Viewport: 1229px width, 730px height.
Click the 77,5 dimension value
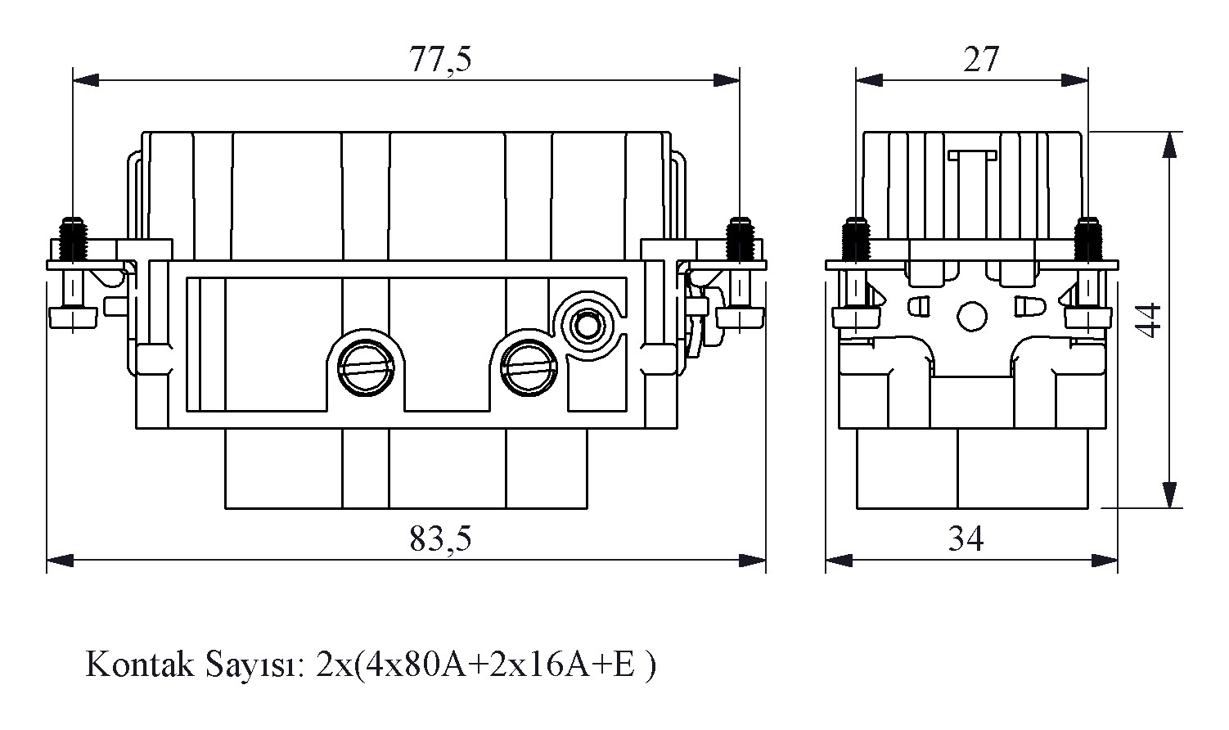pyautogui.click(x=440, y=61)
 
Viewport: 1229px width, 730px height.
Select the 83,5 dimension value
pyautogui.click(x=440, y=538)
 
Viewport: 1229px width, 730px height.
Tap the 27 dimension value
pyautogui.click(x=980, y=61)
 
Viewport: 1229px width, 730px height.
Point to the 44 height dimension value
pyautogui.click(x=1150, y=321)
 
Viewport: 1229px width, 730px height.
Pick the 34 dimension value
pyautogui.click(x=966, y=538)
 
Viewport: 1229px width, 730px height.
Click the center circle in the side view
pyautogui.click(x=971, y=316)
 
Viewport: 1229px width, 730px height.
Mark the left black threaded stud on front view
pyautogui.click(x=74, y=238)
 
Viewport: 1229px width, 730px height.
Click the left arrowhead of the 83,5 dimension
pyautogui.click(x=57, y=561)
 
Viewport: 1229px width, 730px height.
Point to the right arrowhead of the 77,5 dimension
pyautogui.click(x=728, y=80)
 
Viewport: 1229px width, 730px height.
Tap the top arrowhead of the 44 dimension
pyautogui.click(x=1173, y=142)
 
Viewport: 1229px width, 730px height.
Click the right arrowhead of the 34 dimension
pyautogui.click(x=1106, y=561)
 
